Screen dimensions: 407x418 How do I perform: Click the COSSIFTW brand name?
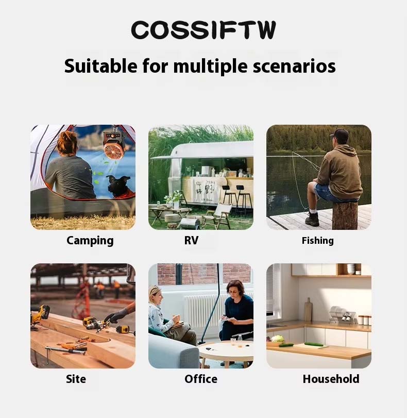[203, 30]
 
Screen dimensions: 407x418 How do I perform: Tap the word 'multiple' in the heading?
[210, 66]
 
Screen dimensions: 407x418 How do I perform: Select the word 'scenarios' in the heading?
[294, 66]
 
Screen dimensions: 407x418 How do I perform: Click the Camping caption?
[90, 241]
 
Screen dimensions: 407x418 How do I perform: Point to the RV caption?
[191, 240]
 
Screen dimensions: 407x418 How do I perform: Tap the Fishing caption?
[317, 241]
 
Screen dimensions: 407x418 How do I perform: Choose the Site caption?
[76, 379]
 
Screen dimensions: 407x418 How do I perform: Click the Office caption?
[201, 379]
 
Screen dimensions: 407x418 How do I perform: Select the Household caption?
[331, 379]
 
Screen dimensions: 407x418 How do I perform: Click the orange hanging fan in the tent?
[114, 146]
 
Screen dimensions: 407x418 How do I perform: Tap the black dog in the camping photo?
[118, 187]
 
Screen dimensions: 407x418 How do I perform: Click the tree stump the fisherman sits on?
[345, 215]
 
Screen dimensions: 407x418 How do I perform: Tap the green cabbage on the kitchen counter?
[278, 339]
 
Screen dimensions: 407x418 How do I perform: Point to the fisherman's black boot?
[312, 219]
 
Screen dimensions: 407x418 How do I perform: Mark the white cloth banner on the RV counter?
[205, 190]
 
